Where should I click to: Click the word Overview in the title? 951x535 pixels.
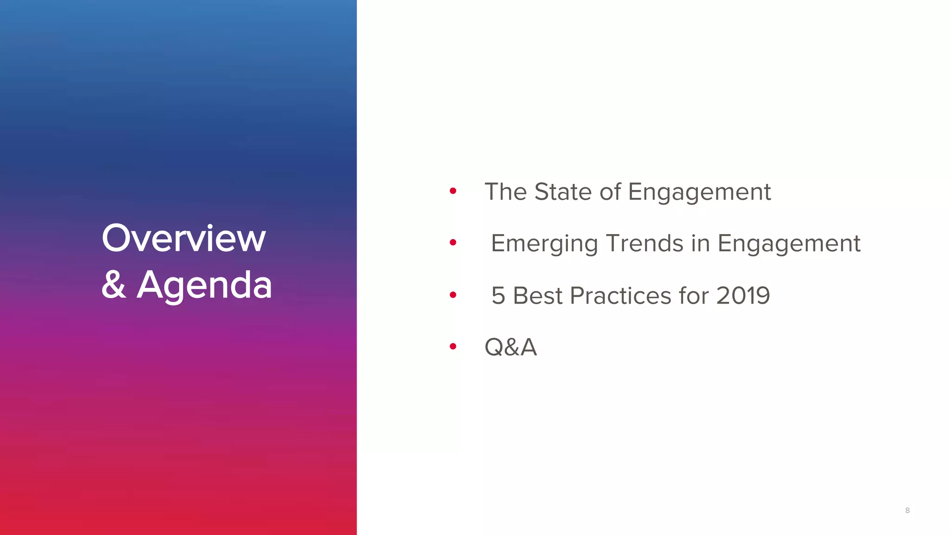pyautogui.click(x=183, y=238)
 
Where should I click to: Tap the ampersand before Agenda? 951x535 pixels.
pyautogui.click(x=114, y=284)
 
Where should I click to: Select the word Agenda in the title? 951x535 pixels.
pyautogui.click(x=204, y=285)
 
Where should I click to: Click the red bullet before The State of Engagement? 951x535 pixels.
pyautogui.click(x=453, y=191)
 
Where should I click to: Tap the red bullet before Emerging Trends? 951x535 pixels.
pyautogui.click(x=453, y=242)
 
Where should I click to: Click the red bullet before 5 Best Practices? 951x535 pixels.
pyautogui.click(x=453, y=295)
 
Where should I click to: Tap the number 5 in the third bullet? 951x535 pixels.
pyautogui.click(x=498, y=296)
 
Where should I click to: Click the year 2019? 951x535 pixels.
pyautogui.click(x=743, y=296)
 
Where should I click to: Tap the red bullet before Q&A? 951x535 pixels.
pyautogui.click(x=453, y=346)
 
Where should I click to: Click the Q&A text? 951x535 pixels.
pyautogui.click(x=510, y=347)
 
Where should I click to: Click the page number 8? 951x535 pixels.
pyautogui.click(x=907, y=510)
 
